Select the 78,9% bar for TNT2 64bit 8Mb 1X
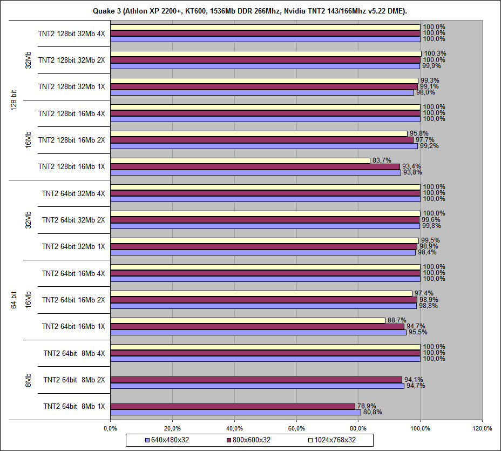(233, 406)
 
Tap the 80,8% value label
(372, 413)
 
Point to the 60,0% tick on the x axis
(296, 428)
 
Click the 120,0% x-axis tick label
(482, 428)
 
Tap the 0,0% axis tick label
(110, 428)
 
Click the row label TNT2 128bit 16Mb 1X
(71, 166)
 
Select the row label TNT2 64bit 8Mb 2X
(74, 380)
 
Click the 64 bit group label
(14, 300)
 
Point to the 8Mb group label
(28, 380)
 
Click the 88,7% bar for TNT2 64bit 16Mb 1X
(248, 320)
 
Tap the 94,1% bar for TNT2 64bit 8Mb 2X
(256, 379)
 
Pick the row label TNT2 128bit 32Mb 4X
(71, 33)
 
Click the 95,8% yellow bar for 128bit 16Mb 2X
(259, 133)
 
